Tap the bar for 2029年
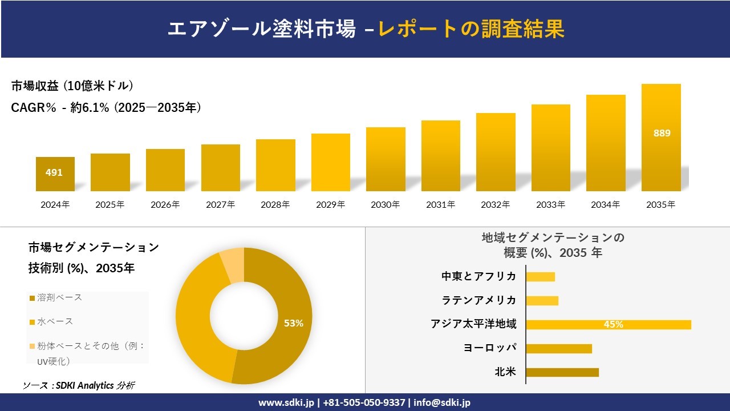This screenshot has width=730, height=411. [330, 163]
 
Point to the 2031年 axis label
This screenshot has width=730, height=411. [440, 204]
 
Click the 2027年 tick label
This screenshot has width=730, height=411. [220, 204]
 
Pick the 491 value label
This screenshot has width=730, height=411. [54, 172]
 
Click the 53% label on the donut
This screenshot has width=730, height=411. [294, 323]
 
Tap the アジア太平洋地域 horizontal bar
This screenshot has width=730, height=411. [608, 324]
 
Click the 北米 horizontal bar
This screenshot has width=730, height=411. [562, 372]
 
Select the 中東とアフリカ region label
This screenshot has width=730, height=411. [478, 276]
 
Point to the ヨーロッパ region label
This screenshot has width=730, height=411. [490, 348]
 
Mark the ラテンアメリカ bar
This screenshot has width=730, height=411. [542, 300]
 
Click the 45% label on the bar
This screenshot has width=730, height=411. [613, 324]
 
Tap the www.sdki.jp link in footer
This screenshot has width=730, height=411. [285, 402]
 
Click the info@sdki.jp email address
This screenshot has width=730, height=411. [443, 402]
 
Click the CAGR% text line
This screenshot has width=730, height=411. [106, 108]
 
